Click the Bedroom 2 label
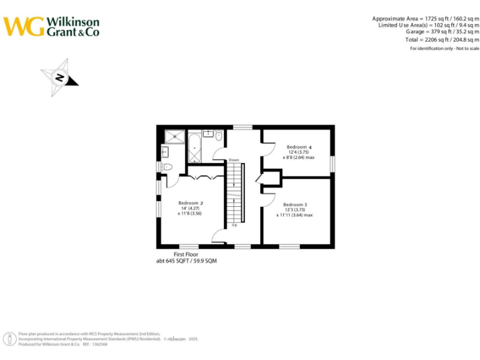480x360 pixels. pyautogui.click(x=190, y=203)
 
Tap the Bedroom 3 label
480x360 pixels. pyautogui.click(x=294, y=204)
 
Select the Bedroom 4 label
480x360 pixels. pyautogui.click(x=299, y=147)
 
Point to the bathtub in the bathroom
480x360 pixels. pyautogui.click(x=194, y=147)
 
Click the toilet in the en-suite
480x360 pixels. pyautogui.click(x=167, y=167)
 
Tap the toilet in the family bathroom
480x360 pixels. pyautogui.click(x=219, y=135)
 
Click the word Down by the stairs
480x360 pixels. pyautogui.click(x=234, y=160)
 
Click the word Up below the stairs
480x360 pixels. pyautogui.click(x=234, y=225)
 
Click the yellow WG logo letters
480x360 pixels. pyautogui.click(x=24, y=26)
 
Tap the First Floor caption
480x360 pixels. pyautogui.click(x=186, y=255)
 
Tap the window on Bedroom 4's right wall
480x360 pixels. pyautogui.click(x=332, y=163)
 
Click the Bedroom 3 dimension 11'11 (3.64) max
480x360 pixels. pyautogui.click(x=294, y=215)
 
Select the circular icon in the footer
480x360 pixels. pyautogui.click(x=11, y=339)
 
